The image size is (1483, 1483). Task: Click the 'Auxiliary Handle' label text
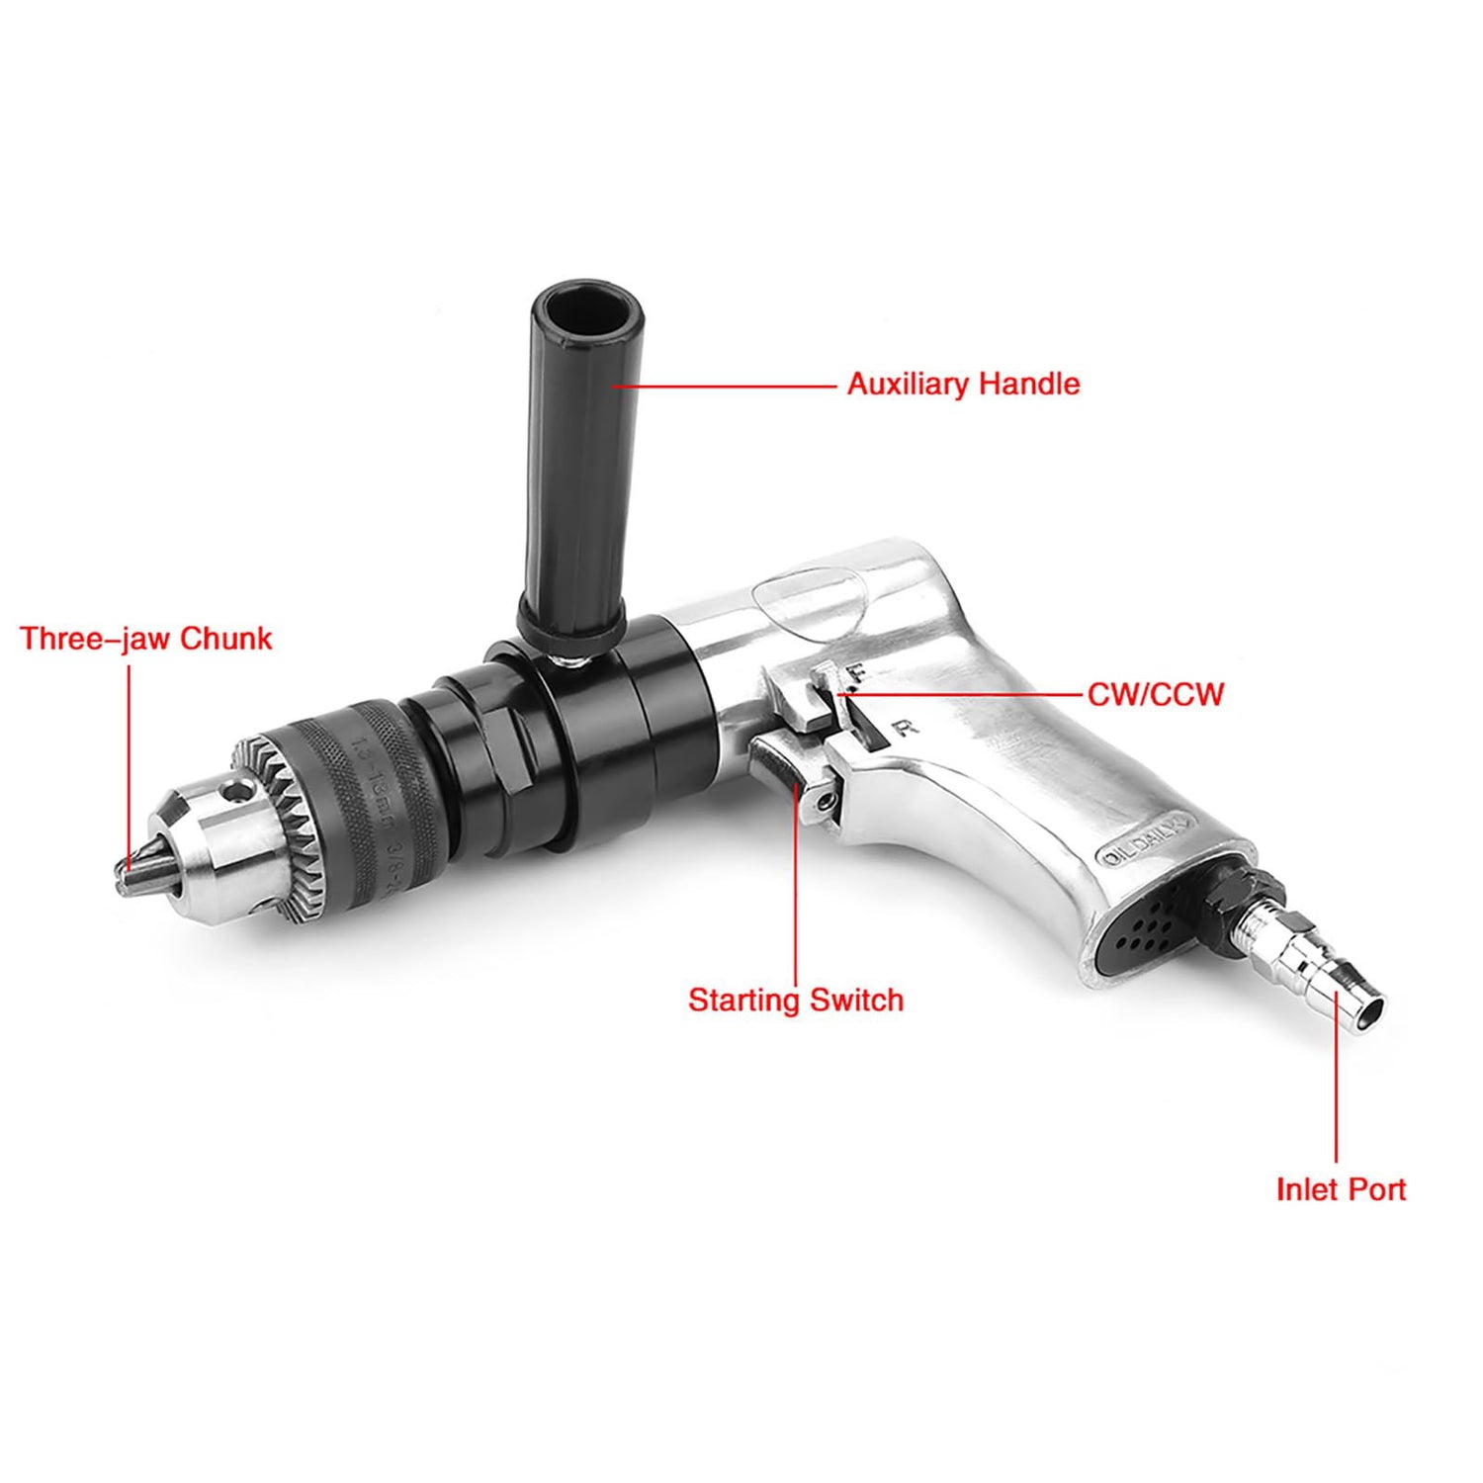pyautogui.click(x=963, y=384)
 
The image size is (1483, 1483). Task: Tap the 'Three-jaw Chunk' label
pyautogui.click(x=145, y=639)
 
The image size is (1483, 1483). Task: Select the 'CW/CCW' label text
pyautogui.click(x=1155, y=694)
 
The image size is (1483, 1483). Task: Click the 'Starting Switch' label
pyautogui.click(x=796, y=1000)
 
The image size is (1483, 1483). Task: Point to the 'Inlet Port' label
pyautogui.click(x=1340, y=1188)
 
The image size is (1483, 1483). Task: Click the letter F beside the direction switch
pyautogui.click(x=856, y=674)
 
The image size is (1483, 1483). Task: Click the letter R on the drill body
pyautogui.click(x=904, y=729)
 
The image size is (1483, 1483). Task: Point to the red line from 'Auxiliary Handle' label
pyautogui.click(x=732, y=386)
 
